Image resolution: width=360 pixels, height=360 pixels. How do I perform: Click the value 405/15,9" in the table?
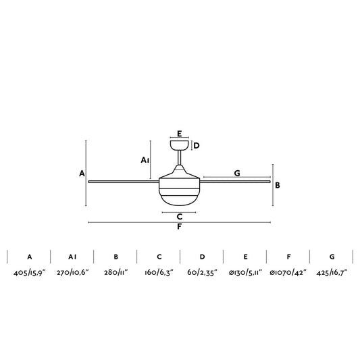coord(30,273)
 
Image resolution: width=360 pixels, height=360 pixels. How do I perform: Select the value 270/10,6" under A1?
coord(72,273)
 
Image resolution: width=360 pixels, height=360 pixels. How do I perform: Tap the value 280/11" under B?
coord(115,273)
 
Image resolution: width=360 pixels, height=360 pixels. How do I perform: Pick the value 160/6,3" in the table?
coord(159,273)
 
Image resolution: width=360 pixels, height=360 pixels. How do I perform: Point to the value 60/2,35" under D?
coord(202,273)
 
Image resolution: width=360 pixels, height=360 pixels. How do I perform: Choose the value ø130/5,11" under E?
coord(245,273)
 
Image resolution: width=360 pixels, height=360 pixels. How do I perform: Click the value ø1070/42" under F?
coord(288,273)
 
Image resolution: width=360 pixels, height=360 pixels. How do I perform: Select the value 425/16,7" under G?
coord(332,273)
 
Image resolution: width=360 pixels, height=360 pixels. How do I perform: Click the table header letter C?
coord(159,257)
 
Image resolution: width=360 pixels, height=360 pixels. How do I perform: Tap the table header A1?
coord(72,257)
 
